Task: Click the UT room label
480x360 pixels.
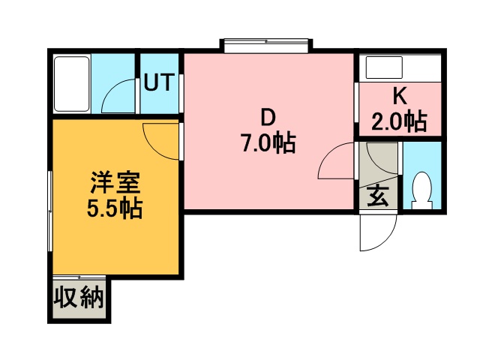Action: pos(159,82)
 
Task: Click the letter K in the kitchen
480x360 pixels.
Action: pos(399,96)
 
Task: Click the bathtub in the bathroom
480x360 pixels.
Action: pos(72,83)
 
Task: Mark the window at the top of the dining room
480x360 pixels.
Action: pos(265,44)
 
